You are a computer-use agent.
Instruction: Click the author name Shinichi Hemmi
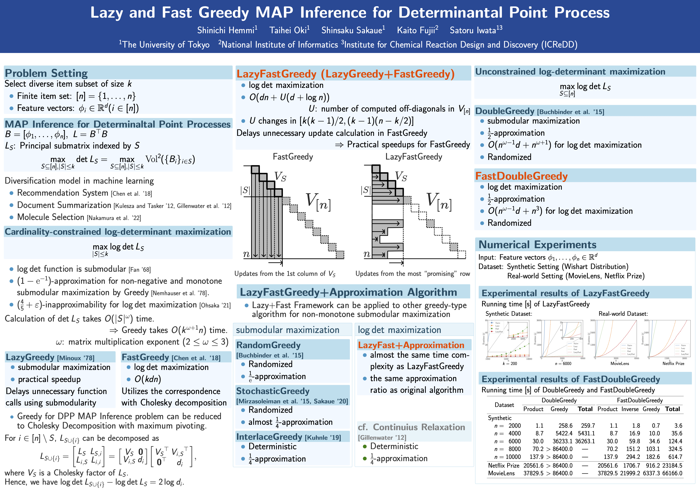[x=226, y=30]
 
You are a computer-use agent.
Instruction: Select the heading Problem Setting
[x=46, y=73]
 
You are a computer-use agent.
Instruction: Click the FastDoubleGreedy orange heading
[x=521, y=176]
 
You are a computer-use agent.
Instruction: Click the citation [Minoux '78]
[x=76, y=358]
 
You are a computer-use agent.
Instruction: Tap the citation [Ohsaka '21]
[x=215, y=305]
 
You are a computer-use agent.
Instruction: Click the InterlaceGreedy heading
[x=269, y=437]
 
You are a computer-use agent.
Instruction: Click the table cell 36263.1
[x=585, y=441]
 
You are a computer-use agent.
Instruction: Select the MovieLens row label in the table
[x=501, y=473]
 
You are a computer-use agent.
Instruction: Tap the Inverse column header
[x=630, y=409]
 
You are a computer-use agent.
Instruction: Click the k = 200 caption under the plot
[x=510, y=364]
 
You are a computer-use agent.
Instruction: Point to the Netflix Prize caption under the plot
[x=673, y=364]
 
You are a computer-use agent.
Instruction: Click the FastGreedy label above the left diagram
[x=293, y=157]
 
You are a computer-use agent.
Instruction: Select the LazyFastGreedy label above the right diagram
[x=413, y=157]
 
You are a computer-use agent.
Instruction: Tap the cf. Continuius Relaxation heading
[x=411, y=427]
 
